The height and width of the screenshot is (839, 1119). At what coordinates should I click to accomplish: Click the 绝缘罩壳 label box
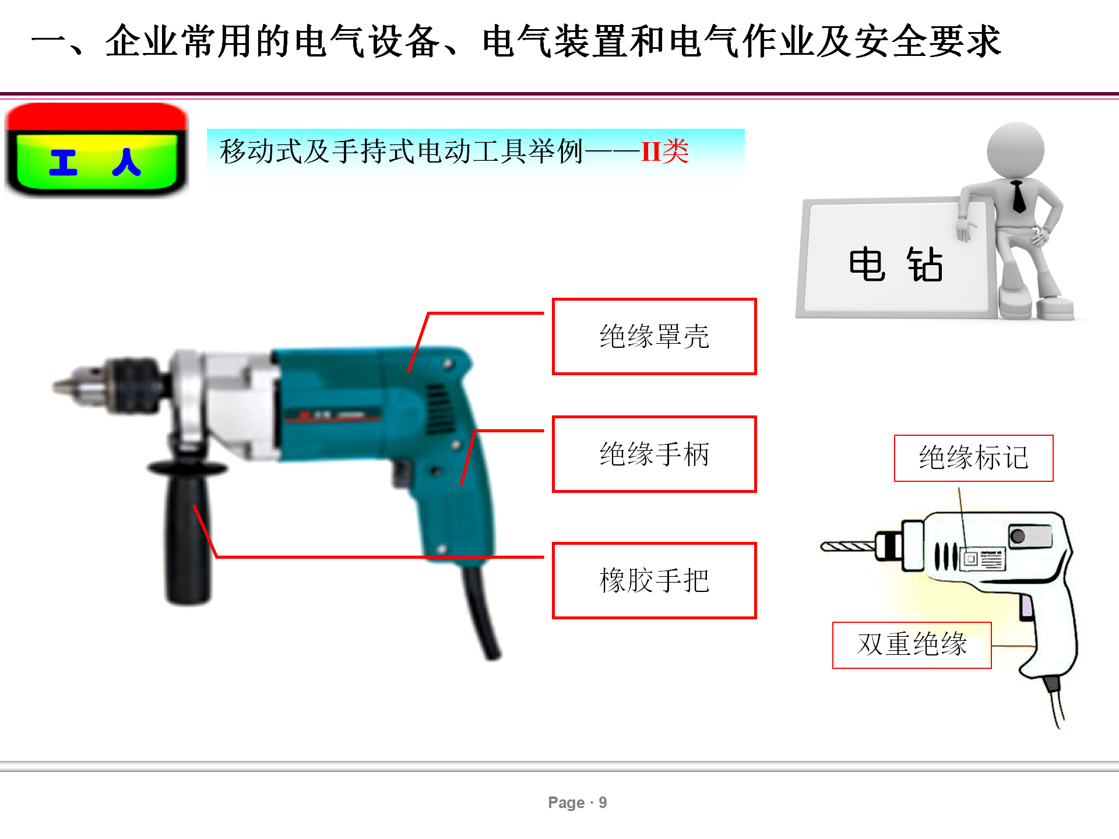pos(654,336)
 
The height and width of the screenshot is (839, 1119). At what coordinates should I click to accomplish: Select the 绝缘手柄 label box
pos(654,454)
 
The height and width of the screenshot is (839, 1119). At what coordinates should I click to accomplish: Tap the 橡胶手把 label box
pos(654,580)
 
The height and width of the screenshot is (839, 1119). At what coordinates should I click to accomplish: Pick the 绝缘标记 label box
pos(973,458)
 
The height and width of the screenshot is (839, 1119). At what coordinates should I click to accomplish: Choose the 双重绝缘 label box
pos(912,645)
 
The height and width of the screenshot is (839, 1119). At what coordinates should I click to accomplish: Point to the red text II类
pos(665,151)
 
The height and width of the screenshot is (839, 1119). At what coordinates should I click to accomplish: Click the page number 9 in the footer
pos(603,803)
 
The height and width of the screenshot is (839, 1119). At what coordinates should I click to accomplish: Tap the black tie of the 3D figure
pos(1018,197)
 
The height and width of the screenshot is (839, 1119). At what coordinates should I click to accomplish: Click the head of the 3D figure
pos(1015,150)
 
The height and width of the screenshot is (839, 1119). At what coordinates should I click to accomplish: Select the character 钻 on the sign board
pos(925,264)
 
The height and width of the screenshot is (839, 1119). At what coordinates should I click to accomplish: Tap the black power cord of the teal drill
pos(481,612)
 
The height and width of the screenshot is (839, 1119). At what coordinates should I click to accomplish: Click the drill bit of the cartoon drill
pos(848,547)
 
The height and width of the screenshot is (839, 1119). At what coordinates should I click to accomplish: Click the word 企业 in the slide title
pos(142,41)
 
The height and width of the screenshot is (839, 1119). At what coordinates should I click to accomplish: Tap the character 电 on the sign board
pos(867,264)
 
